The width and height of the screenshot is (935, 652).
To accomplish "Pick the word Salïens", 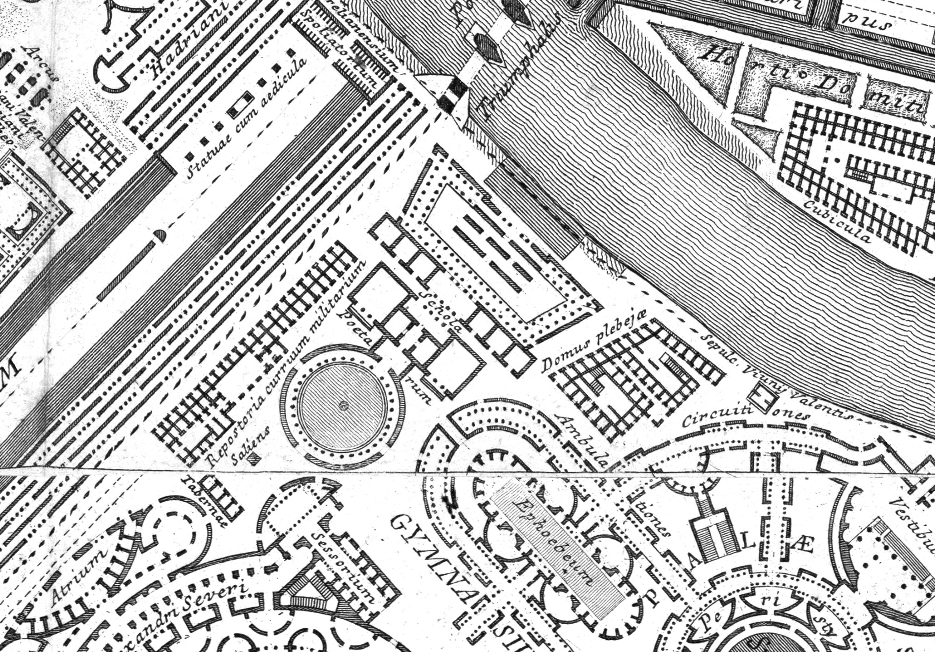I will [250, 446].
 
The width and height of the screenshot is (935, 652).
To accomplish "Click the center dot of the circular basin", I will [343, 405].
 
